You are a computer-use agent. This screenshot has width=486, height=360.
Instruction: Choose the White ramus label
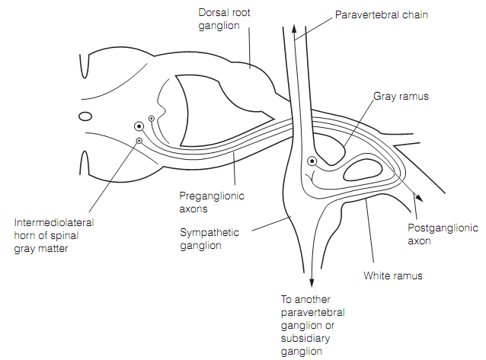393,276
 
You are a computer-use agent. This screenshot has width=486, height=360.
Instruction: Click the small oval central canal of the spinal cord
85,116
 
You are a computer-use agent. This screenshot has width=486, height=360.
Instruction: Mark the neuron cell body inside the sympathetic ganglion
312,161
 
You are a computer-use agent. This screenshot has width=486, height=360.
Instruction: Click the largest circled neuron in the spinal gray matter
139,127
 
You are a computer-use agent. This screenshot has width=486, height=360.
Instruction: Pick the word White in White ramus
376,276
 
